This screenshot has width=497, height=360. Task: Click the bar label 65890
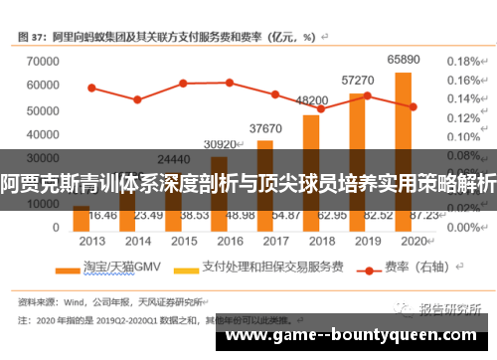(x=403, y=60)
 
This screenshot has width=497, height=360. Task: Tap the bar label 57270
(x=358, y=80)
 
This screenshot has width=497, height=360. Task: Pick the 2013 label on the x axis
(x=91, y=241)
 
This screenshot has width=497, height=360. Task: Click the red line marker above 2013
(x=91, y=88)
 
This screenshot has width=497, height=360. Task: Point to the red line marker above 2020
(x=413, y=106)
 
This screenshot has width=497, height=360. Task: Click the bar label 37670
(x=265, y=128)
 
